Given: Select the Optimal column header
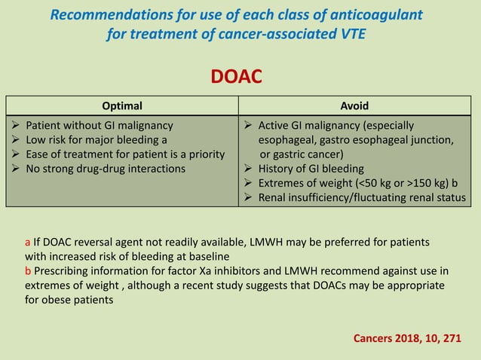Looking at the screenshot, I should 121,106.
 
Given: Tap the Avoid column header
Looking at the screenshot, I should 354,106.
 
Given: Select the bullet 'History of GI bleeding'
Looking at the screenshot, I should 311,169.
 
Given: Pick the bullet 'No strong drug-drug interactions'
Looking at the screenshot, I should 106,169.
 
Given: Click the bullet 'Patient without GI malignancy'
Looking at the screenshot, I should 100,126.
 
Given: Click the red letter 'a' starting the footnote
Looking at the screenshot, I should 28,243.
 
